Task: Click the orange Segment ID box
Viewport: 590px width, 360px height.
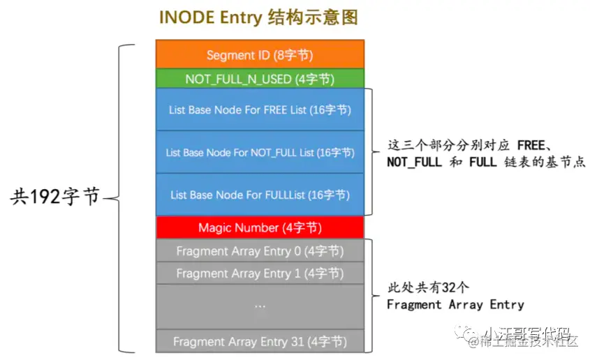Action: point(260,55)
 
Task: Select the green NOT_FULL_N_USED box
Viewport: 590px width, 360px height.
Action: point(260,79)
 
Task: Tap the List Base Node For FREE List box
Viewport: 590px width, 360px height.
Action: point(260,110)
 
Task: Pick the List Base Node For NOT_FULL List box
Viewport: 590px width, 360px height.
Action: point(260,152)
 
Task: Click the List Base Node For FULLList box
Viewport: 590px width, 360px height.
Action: point(260,195)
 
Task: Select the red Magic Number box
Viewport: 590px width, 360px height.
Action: point(260,227)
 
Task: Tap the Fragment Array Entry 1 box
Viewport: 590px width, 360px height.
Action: point(260,273)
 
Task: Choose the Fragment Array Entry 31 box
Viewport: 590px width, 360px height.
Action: point(260,342)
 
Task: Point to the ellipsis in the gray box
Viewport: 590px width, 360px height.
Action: point(260,306)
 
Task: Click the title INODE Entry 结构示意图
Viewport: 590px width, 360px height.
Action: point(258,17)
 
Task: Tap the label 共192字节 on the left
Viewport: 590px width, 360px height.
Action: point(55,198)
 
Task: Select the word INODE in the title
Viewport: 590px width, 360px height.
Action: point(184,17)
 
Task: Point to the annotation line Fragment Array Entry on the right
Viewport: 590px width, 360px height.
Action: point(455,305)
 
